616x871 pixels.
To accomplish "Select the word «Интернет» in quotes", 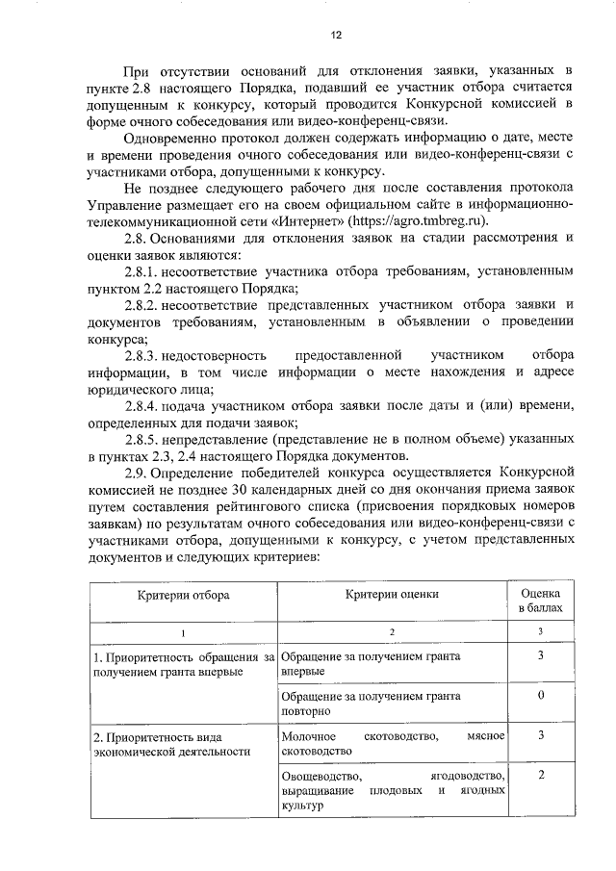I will pyautogui.click(x=304, y=219).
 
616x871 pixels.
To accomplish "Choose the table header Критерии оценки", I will pyautogui.click(x=393, y=595).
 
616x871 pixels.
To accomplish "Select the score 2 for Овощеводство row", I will pyautogui.click(x=542, y=775).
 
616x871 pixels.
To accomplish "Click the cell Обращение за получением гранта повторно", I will pyautogui.click(x=371, y=703).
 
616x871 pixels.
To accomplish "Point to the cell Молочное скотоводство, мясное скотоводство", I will pyautogui.click(x=393, y=742).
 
